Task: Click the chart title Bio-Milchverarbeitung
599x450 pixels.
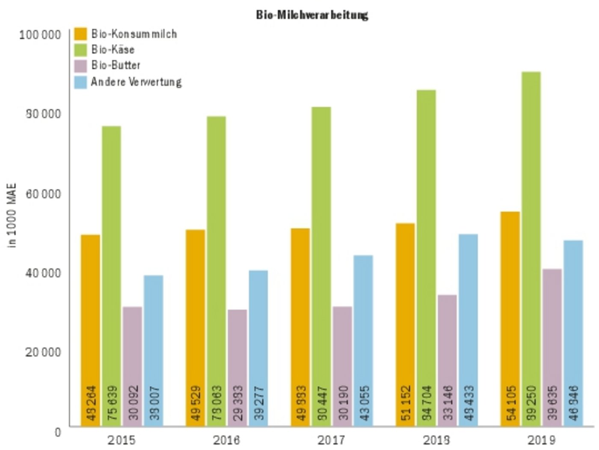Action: (312, 15)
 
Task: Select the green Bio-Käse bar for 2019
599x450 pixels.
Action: (531, 249)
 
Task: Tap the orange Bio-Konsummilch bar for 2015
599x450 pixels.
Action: (90, 330)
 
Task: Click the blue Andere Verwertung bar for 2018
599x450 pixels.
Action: (468, 330)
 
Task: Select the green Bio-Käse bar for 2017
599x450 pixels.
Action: (321, 266)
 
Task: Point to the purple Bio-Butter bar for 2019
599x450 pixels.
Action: (552, 347)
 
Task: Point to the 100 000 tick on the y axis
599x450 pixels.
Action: (40, 35)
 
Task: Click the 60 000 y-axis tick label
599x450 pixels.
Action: (43, 194)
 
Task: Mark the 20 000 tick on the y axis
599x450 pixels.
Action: (43, 352)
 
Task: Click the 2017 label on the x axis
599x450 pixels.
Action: (331, 440)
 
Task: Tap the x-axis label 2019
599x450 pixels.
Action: (541, 440)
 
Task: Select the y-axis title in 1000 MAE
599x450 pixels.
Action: (12, 216)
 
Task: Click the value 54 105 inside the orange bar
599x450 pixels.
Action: (510, 403)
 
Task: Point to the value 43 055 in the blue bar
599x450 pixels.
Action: (364, 403)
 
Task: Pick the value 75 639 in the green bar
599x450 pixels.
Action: (112, 403)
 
